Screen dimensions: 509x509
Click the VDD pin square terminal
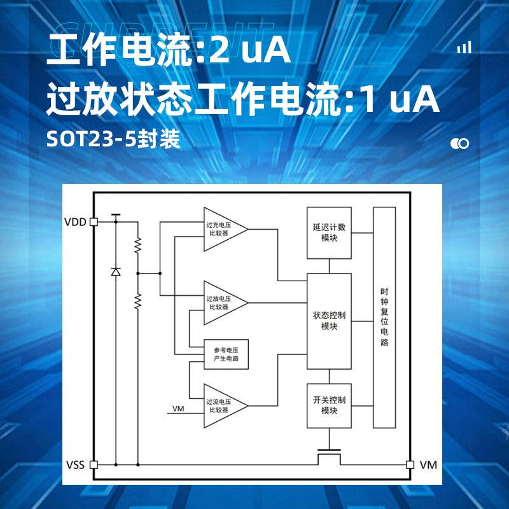(94, 221)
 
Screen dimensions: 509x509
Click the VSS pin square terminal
(94, 464)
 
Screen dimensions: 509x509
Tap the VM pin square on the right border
(410, 464)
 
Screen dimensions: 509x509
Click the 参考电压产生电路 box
(226, 354)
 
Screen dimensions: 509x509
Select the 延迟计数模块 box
(329, 233)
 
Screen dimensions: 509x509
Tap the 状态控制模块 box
(329, 321)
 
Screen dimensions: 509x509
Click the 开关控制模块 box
(329, 406)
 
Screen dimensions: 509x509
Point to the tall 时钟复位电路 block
(384, 317)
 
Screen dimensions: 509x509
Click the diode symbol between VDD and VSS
(116, 272)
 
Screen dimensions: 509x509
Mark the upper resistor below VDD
(138, 246)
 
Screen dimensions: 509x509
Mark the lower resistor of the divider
(138, 301)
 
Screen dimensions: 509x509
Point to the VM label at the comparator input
(178, 408)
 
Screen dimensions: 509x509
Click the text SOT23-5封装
(113, 139)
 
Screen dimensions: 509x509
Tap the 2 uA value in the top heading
(249, 50)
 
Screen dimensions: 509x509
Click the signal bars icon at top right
(464, 47)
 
